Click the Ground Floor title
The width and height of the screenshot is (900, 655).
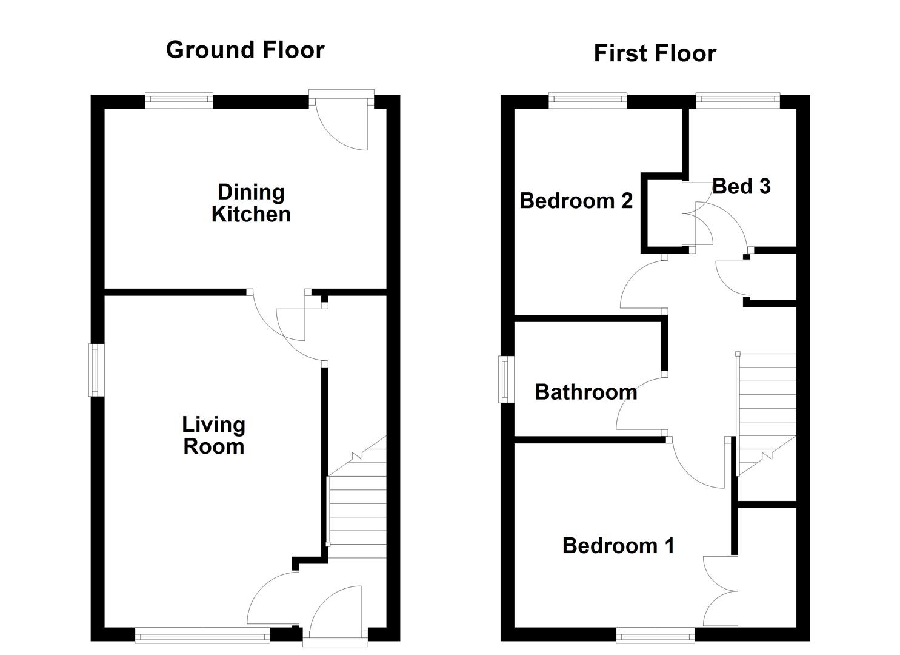pos(245,50)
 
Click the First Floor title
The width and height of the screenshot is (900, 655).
pos(655,53)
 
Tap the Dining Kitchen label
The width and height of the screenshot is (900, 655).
pos(251,203)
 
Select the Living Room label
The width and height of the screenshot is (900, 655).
pos(213,435)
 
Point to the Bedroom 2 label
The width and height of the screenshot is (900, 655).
pos(576,201)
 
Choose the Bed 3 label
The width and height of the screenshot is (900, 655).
pos(741,186)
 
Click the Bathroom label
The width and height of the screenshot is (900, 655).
pos(585,392)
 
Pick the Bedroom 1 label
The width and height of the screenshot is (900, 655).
pos(618,546)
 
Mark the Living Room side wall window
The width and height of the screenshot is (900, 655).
pos(96,370)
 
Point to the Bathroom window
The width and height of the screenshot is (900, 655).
pos(505,379)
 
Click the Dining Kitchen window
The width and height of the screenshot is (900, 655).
pos(179,100)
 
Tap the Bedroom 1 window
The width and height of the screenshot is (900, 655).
pos(656,635)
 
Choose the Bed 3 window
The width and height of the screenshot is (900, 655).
pos(737,100)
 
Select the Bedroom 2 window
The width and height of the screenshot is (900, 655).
pos(588,100)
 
